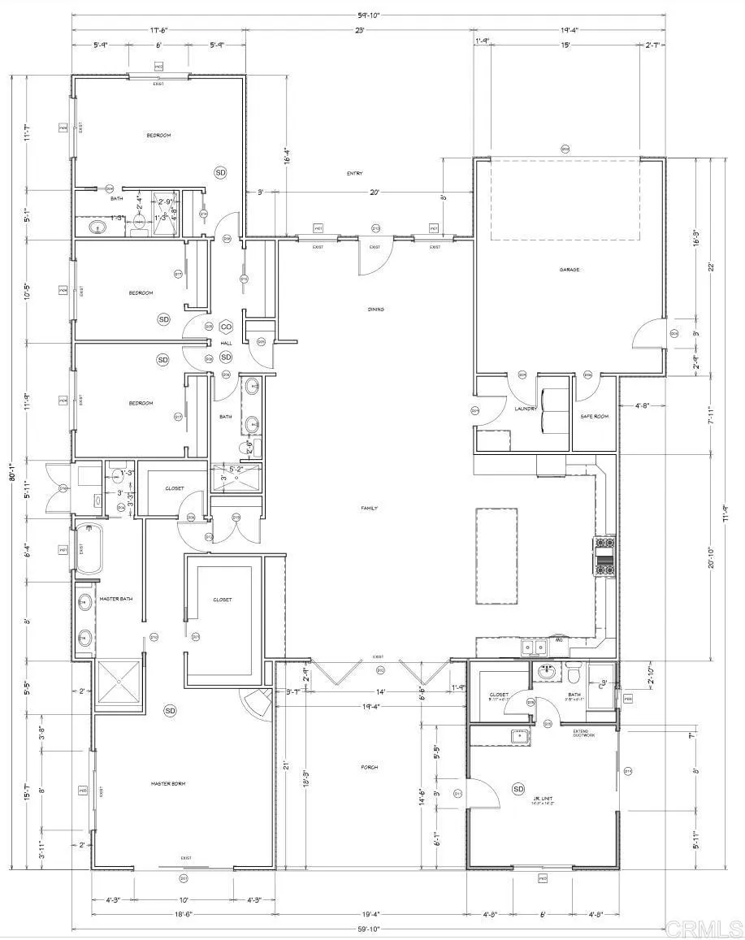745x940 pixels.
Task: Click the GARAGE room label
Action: [x=569, y=270]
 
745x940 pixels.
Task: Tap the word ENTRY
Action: [x=353, y=173]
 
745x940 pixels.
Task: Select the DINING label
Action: [x=375, y=310]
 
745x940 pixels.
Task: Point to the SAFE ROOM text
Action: [x=594, y=416]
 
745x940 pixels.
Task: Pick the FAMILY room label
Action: [x=370, y=508]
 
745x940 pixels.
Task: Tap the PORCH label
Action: [x=370, y=767]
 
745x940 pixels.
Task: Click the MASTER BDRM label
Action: [x=168, y=783]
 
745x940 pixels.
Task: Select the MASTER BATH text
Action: [x=115, y=600]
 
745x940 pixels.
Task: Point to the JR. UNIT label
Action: [x=543, y=799]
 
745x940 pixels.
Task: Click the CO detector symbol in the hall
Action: [x=226, y=327]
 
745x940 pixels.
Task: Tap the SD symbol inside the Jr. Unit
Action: [x=518, y=789]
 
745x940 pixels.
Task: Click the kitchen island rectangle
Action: [x=496, y=556]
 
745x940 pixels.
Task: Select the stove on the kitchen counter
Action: [x=605, y=557]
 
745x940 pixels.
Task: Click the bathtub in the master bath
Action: [x=89, y=551]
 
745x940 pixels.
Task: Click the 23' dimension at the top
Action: [x=358, y=30]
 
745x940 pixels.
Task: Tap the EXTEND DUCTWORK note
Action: [x=586, y=733]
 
